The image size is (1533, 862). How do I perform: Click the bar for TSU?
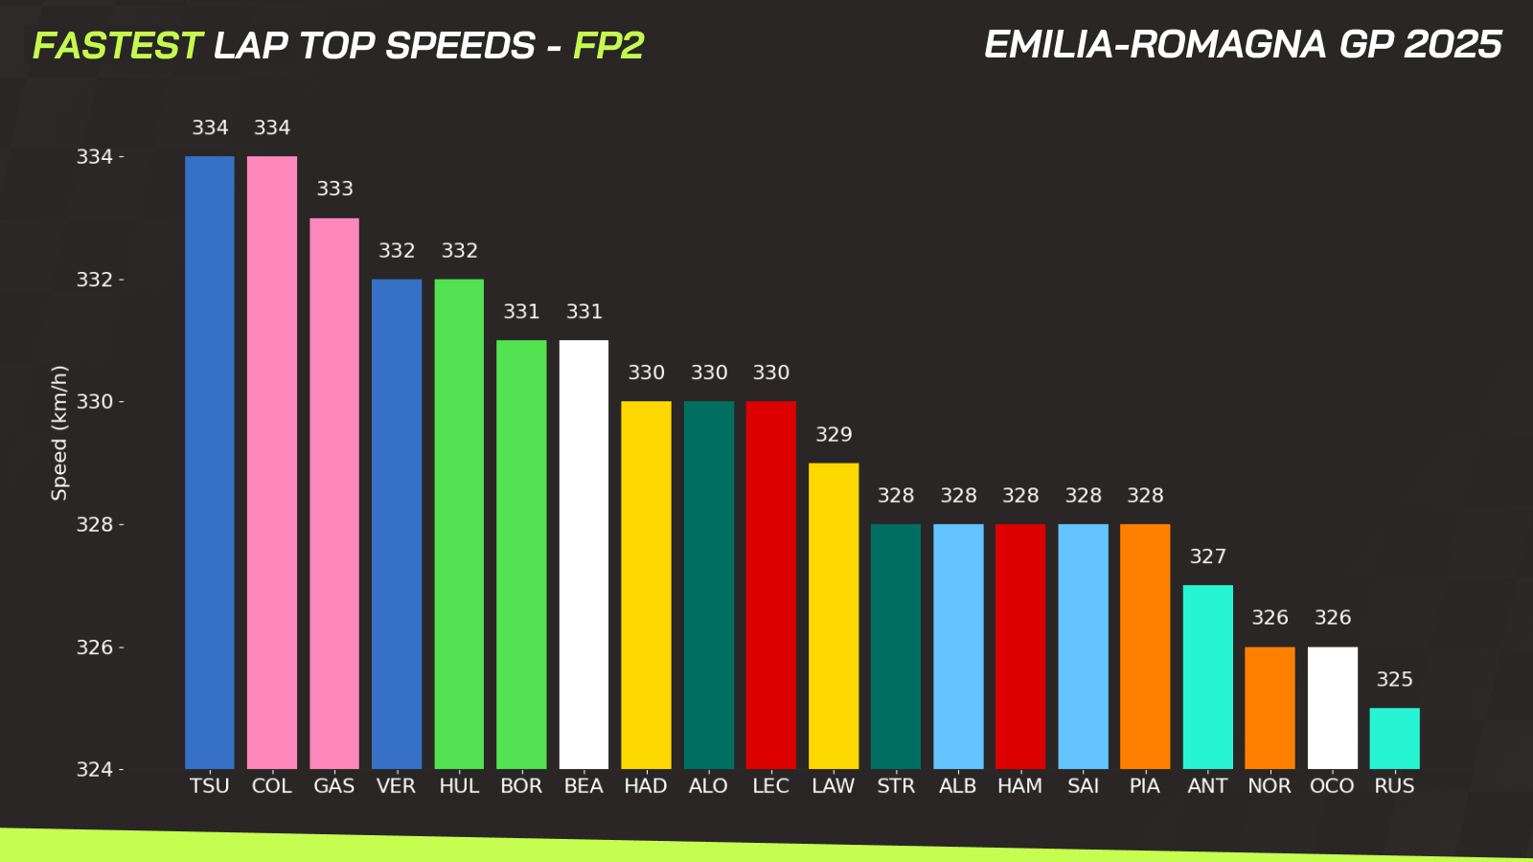click(x=210, y=463)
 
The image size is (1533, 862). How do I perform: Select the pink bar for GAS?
click(x=334, y=493)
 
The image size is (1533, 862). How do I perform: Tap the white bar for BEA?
click(x=583, y=555)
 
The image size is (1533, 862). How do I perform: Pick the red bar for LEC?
click(x=771, y=585)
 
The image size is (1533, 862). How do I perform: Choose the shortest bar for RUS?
click(x=1394, y=738)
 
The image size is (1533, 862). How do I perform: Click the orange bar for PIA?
click(x=1145, y=646)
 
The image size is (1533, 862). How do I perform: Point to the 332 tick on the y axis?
click(x=95, y=280)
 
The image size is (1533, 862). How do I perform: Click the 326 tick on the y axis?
click(x=95, y=647)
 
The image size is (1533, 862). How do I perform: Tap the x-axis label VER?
click(x=396, y=786)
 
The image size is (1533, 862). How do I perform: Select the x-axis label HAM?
click(x=1019, y=786)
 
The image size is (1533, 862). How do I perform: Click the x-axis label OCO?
click(x=1332, y=786)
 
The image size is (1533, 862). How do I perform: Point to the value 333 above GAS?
click(x=335, y=189)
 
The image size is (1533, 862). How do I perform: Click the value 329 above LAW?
click(x=834, y=435)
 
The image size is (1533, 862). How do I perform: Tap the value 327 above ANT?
click(x=1208, y=556)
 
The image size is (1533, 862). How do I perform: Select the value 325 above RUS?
click(x=1395, y=679)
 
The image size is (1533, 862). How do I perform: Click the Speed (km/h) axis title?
click(x=59, y=433)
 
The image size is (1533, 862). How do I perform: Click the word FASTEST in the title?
click(x=117, y=46)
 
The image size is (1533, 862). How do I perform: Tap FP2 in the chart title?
click(x=608, y=46)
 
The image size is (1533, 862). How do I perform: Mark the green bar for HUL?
click(x=459, y=524)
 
